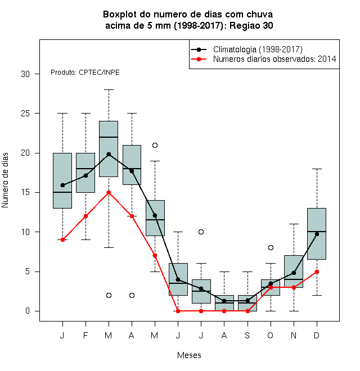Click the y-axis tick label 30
click(x=25, y=74)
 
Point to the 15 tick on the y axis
click(x=25, y=192)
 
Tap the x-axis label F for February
click(x=85, y=335)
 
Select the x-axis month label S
click(x=247, y=335)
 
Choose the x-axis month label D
click(x=317, y=335)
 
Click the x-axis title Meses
click(x=189, y=355)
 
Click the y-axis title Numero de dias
click(x=5, y=180)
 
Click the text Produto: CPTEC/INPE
click(x=85, y=73)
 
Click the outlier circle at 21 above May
click(x=155, y=145)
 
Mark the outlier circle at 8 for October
click(x=271, y=248)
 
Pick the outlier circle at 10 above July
click(x=201, y=232)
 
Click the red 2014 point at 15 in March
click(x=109, y=193)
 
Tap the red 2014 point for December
click(x=317, y=272)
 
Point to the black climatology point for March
click(x=109, y=154)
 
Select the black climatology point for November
click(x=294, y=273)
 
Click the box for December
click(x=317, y=234)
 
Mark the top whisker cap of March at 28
click(x=109, y=90)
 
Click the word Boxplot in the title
click(x=120, y=15)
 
